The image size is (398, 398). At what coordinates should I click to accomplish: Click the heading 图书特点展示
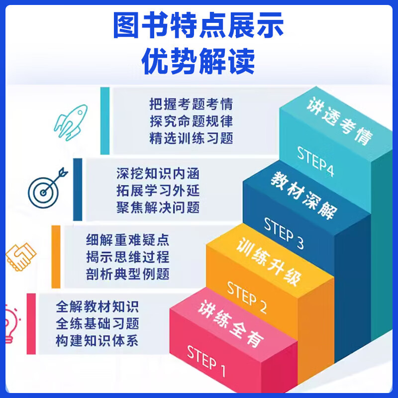coord(199,26)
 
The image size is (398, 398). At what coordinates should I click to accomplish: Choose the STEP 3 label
coord(283,233)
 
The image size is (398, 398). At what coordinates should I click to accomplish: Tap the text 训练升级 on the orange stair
coord(269,261)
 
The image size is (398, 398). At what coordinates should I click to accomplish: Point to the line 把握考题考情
coord(191,104)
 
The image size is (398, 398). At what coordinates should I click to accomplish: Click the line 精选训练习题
coord(191,138)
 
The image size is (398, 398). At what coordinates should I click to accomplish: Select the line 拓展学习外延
coord(158,191)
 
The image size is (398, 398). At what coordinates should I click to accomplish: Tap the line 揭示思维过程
coord(127,257)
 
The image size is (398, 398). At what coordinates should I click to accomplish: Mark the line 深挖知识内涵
coord(158,174)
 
